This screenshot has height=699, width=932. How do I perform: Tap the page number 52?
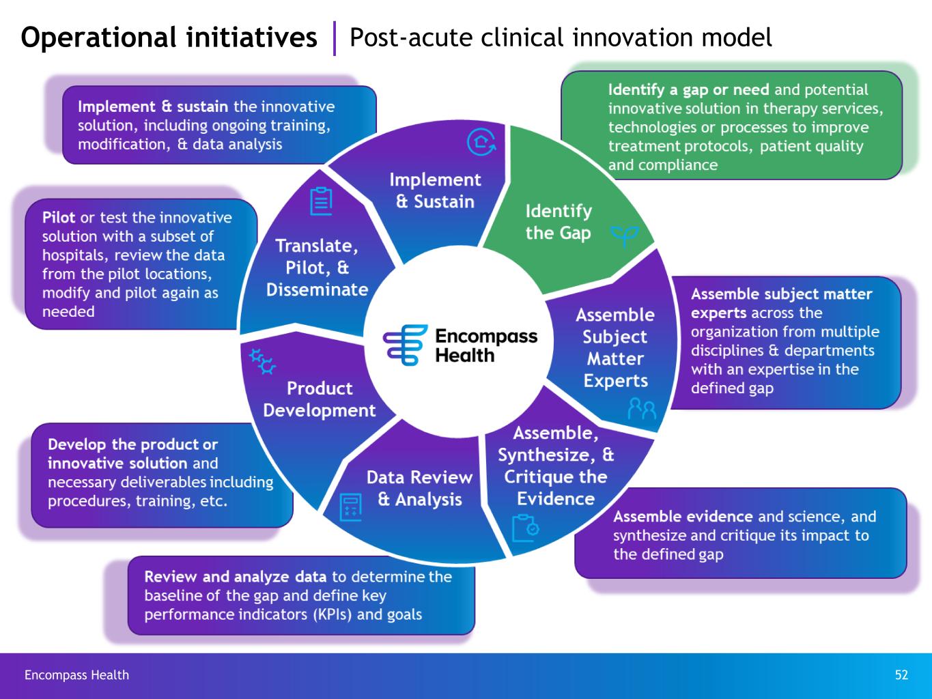[901, 675]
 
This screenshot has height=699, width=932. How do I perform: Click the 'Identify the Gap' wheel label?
[558, 222]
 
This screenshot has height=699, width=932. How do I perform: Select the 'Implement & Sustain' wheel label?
[435, 190]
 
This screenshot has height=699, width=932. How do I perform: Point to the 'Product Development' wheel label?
[319, 399]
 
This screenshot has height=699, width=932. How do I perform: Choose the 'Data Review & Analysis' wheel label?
[419, 488]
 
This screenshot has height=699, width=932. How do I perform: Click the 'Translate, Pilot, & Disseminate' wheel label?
[317, 268]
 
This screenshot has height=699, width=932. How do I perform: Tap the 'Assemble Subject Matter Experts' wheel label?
[615, 347]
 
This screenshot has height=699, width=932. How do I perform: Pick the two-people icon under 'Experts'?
[642, 408]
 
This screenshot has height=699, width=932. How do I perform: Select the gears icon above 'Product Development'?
[262, 361]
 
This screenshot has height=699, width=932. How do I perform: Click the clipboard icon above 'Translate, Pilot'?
[321, 201]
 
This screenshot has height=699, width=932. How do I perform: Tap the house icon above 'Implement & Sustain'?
[481, 142]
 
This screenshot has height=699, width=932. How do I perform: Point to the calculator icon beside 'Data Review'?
[351, 507]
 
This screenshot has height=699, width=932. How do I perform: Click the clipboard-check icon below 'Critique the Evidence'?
[525, 528]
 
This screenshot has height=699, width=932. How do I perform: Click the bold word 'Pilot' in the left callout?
[59, 218]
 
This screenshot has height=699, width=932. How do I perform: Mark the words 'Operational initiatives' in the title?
[169, 37]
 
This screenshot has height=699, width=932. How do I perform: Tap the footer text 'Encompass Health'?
[76, 675]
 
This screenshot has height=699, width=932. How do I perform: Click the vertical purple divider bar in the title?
[335, 38]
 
